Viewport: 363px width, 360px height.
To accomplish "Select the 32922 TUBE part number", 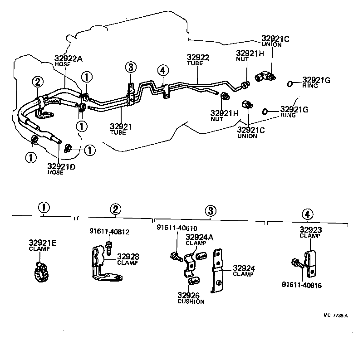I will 198,60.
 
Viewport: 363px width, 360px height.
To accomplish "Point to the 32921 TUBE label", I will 120,128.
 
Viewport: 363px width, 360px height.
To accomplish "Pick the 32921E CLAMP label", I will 43,246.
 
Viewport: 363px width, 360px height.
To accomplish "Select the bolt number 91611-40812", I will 109,232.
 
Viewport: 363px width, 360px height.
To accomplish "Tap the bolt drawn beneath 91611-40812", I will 108,247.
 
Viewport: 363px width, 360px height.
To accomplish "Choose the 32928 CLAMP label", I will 128,259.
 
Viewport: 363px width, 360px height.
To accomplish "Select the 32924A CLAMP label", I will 196,239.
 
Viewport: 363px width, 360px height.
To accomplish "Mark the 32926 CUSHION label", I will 190,297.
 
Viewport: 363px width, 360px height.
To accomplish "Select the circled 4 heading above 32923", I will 307,214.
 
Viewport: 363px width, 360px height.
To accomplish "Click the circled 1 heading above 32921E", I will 43,208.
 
